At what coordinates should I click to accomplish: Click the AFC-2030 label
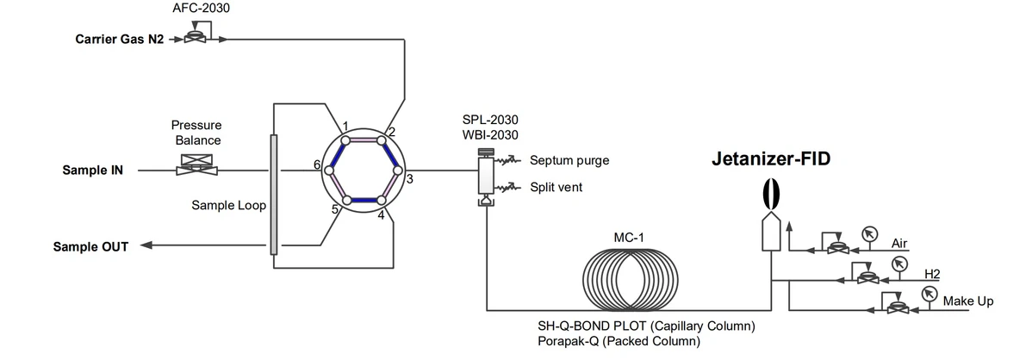coord(201,9)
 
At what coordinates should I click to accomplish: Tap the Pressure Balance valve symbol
coord(197,166)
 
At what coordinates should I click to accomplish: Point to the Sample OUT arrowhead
coord(146,246)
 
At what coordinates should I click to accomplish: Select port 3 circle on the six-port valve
coord(398,170)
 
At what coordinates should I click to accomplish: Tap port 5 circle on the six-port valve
coord(346,201)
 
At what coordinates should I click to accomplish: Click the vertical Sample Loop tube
coord(274,194)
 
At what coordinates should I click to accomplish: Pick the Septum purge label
coord(569,160)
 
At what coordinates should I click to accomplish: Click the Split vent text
coord(556,186)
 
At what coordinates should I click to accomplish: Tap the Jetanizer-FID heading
coord(771,159)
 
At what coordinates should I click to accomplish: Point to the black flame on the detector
coord(772,193)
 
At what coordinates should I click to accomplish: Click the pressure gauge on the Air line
coord(869,233)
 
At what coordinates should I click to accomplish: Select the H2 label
coord(931,274)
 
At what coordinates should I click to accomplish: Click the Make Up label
coord(968,301)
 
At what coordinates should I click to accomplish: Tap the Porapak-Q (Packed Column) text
coord(619,342)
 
